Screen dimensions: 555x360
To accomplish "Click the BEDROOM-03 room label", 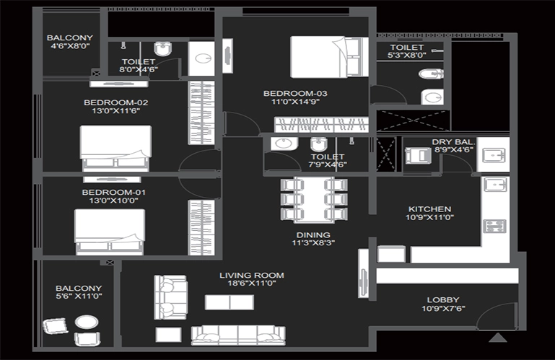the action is tap(295, 94).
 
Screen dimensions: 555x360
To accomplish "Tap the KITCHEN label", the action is tap(429, 208).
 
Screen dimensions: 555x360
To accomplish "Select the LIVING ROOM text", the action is tap(252, 275).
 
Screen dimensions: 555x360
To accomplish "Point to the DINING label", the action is tap(313, 234).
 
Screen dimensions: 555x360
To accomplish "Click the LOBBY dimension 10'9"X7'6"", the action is tap(443, 308).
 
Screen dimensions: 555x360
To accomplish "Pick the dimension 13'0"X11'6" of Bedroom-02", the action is tap(115, 111).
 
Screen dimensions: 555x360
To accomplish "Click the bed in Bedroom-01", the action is tap(110, 232).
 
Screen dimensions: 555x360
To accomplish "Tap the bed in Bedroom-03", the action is tap(329, 57).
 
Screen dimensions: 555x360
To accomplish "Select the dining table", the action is tap(314, 200).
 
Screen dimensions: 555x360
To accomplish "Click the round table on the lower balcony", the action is tap(87, 322).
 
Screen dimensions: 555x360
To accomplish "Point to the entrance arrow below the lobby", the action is tap(498, 338).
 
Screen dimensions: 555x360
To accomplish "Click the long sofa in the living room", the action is tap(238, 335).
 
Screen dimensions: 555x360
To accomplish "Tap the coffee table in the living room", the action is tap(230, 303).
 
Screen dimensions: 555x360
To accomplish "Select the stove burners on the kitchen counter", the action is tap(495, 227).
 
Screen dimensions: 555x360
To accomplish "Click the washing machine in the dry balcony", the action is tap(418, 156).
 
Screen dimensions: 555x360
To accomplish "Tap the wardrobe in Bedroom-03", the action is tap(321, 125).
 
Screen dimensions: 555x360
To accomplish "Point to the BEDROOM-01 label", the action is tap(113, 192).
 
